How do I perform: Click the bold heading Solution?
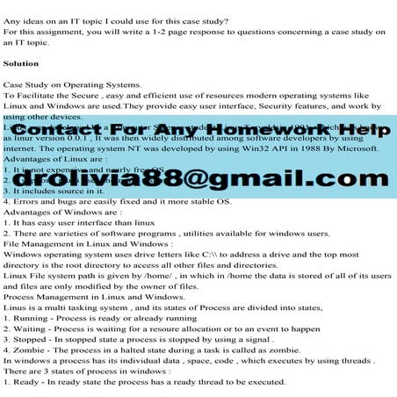[21, 64]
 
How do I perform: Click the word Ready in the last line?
[25, 381]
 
